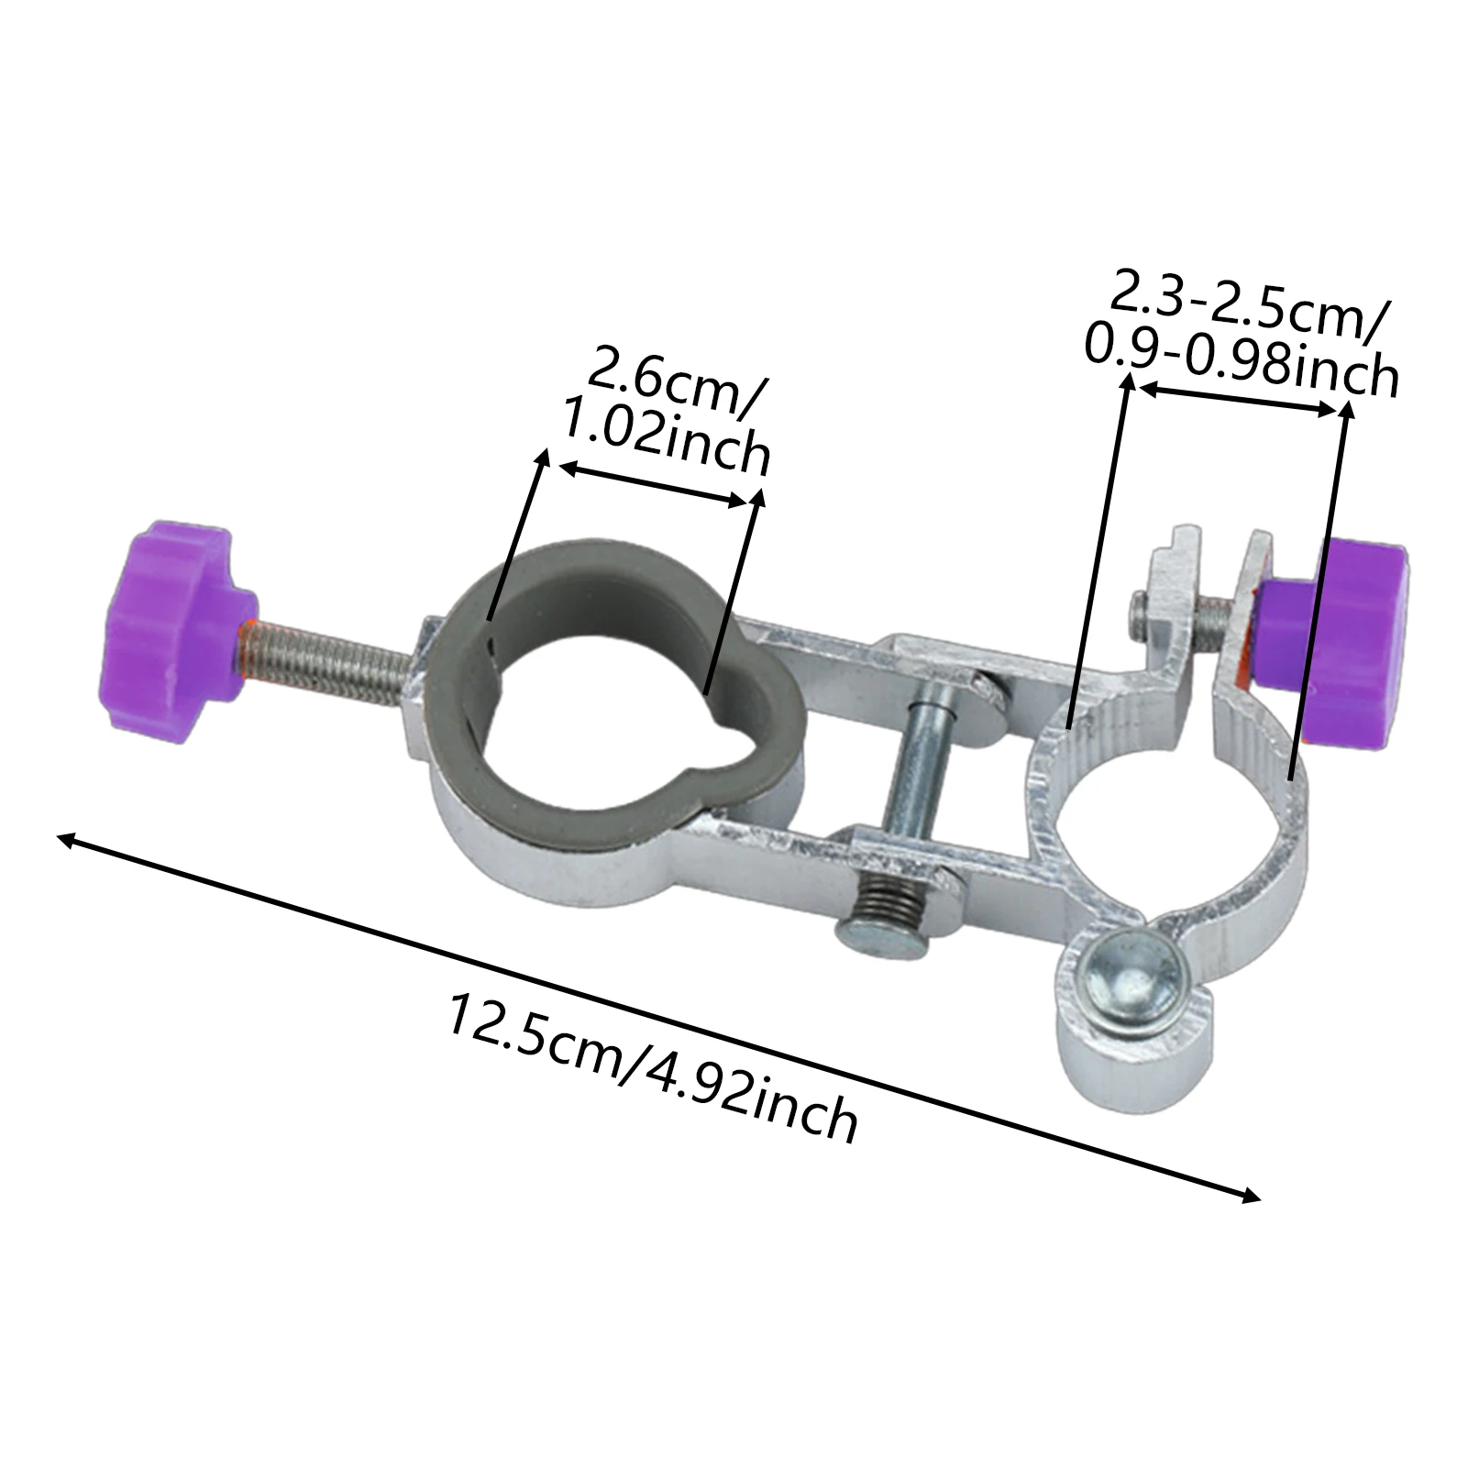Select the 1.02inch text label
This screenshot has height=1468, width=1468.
666,439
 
